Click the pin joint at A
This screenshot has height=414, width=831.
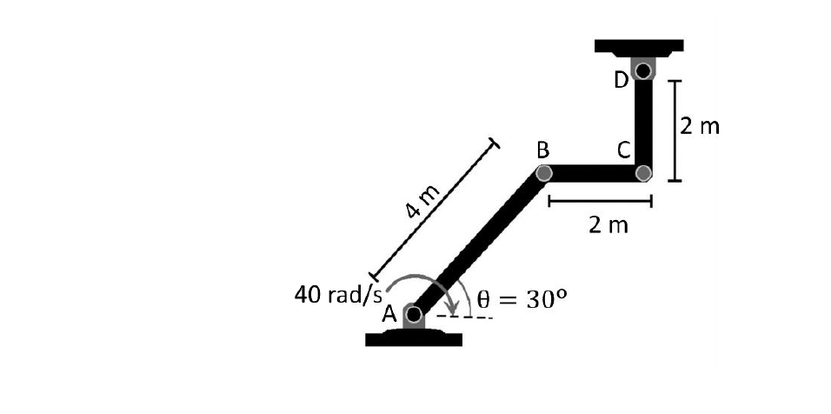415,314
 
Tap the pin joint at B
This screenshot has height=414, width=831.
544,173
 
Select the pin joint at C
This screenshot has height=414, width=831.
643,173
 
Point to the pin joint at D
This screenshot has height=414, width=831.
643,70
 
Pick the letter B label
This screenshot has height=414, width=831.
543,150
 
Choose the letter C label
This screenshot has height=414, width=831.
624,150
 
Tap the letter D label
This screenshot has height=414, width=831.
621,81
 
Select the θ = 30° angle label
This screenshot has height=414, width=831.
522,299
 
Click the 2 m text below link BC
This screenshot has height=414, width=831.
608,226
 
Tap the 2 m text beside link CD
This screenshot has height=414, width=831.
700,127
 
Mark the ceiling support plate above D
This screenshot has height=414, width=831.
639,45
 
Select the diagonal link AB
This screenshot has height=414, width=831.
479,244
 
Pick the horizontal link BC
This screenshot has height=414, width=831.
594,173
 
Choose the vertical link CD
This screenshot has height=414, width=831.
643,122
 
